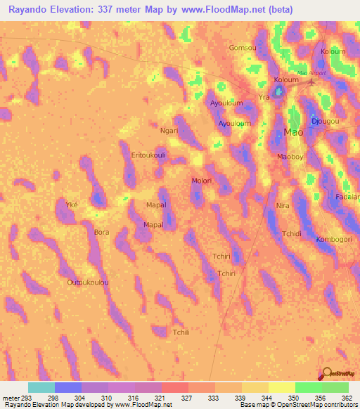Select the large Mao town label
(x=293, y=132)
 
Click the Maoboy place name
(x=290, y=157)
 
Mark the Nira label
(x=283, y=206)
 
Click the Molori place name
(x=202, y=181)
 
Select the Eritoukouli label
(x=148, y=155)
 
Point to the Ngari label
(x=169, y=130)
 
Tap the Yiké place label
(x=71, y=204)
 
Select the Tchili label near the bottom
(x=181, y=332)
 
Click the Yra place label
(x=264, y=97)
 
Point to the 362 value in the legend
(x=347, y=398)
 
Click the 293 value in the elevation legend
(x=27, y=398)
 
